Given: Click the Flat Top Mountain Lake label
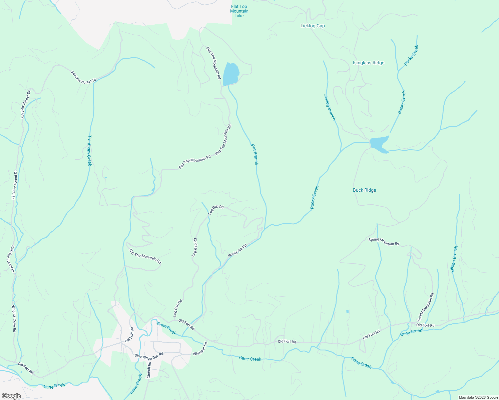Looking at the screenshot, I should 239,11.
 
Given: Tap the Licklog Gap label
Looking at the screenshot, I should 313,26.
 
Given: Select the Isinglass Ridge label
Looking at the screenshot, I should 369,63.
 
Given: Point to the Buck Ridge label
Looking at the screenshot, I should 364,190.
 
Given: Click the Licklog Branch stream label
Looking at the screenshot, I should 330,107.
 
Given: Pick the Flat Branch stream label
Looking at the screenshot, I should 255,154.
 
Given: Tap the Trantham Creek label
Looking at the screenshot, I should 89,150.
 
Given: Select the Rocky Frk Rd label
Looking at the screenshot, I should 237,251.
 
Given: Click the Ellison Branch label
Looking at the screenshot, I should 454,259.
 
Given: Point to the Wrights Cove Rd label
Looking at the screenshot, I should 14,319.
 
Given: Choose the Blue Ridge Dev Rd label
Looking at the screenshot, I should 149,356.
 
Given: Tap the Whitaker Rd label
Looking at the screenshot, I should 200,349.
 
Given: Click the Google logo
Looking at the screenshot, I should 11,396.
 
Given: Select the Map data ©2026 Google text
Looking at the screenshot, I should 478,397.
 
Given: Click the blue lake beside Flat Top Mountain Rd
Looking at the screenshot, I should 230,74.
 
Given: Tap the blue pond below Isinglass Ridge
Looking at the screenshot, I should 379,144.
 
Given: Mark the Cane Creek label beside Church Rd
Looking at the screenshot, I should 136,384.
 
